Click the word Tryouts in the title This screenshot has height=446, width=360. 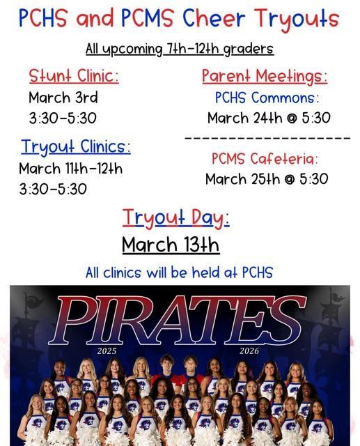[296, 19]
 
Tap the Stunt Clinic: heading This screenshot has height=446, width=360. [74, 75]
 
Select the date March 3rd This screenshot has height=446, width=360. [63, 97]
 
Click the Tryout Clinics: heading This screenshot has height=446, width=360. [75, 146]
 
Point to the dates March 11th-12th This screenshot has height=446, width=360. [70, 168]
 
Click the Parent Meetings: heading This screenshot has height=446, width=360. [264, 75]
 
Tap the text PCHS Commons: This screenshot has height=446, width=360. [267, 98]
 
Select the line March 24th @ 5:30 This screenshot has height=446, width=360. [268, 118]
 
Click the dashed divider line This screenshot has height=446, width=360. [267, 139]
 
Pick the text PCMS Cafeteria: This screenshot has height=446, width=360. [265, 159]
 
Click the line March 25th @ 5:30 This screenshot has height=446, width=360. [266, 179]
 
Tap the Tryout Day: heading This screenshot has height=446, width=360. [175, 217]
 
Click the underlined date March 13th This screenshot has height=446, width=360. [171, 245]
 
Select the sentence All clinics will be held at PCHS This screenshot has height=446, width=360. [179, 272]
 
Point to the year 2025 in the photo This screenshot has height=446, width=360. [107, 351]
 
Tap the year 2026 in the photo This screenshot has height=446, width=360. [249, 351]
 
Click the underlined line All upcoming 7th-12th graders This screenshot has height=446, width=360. [180, 49]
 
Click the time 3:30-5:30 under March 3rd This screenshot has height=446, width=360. [63, 118]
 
